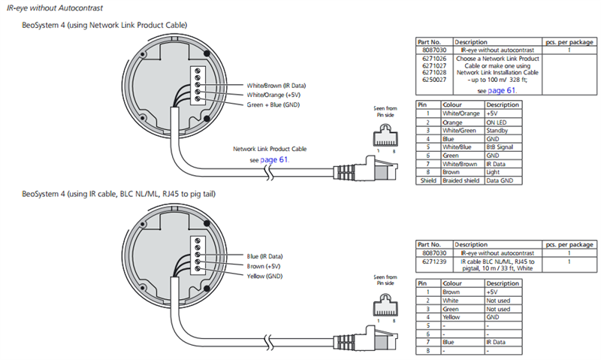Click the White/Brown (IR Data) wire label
coord(276,86)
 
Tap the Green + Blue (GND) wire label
coord(273,104)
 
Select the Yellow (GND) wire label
coord(264,276)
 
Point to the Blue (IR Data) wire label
coord(264,256)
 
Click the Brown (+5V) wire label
coord(264,266)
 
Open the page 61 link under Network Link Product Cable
coord(274,159)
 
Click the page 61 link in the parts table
coord(502,90)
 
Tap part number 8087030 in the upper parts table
coord(434,50)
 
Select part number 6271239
coord(434,262)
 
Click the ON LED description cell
coord(497,123)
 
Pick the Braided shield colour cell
coord(461,180)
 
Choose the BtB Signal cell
coord(500,147)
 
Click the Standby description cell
coord(497,131)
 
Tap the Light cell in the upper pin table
coord(493,172)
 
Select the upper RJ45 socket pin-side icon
coord(385,135)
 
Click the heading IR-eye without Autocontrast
coord(55,8)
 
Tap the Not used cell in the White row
coord(498,301)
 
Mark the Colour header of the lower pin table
coord(452,283)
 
